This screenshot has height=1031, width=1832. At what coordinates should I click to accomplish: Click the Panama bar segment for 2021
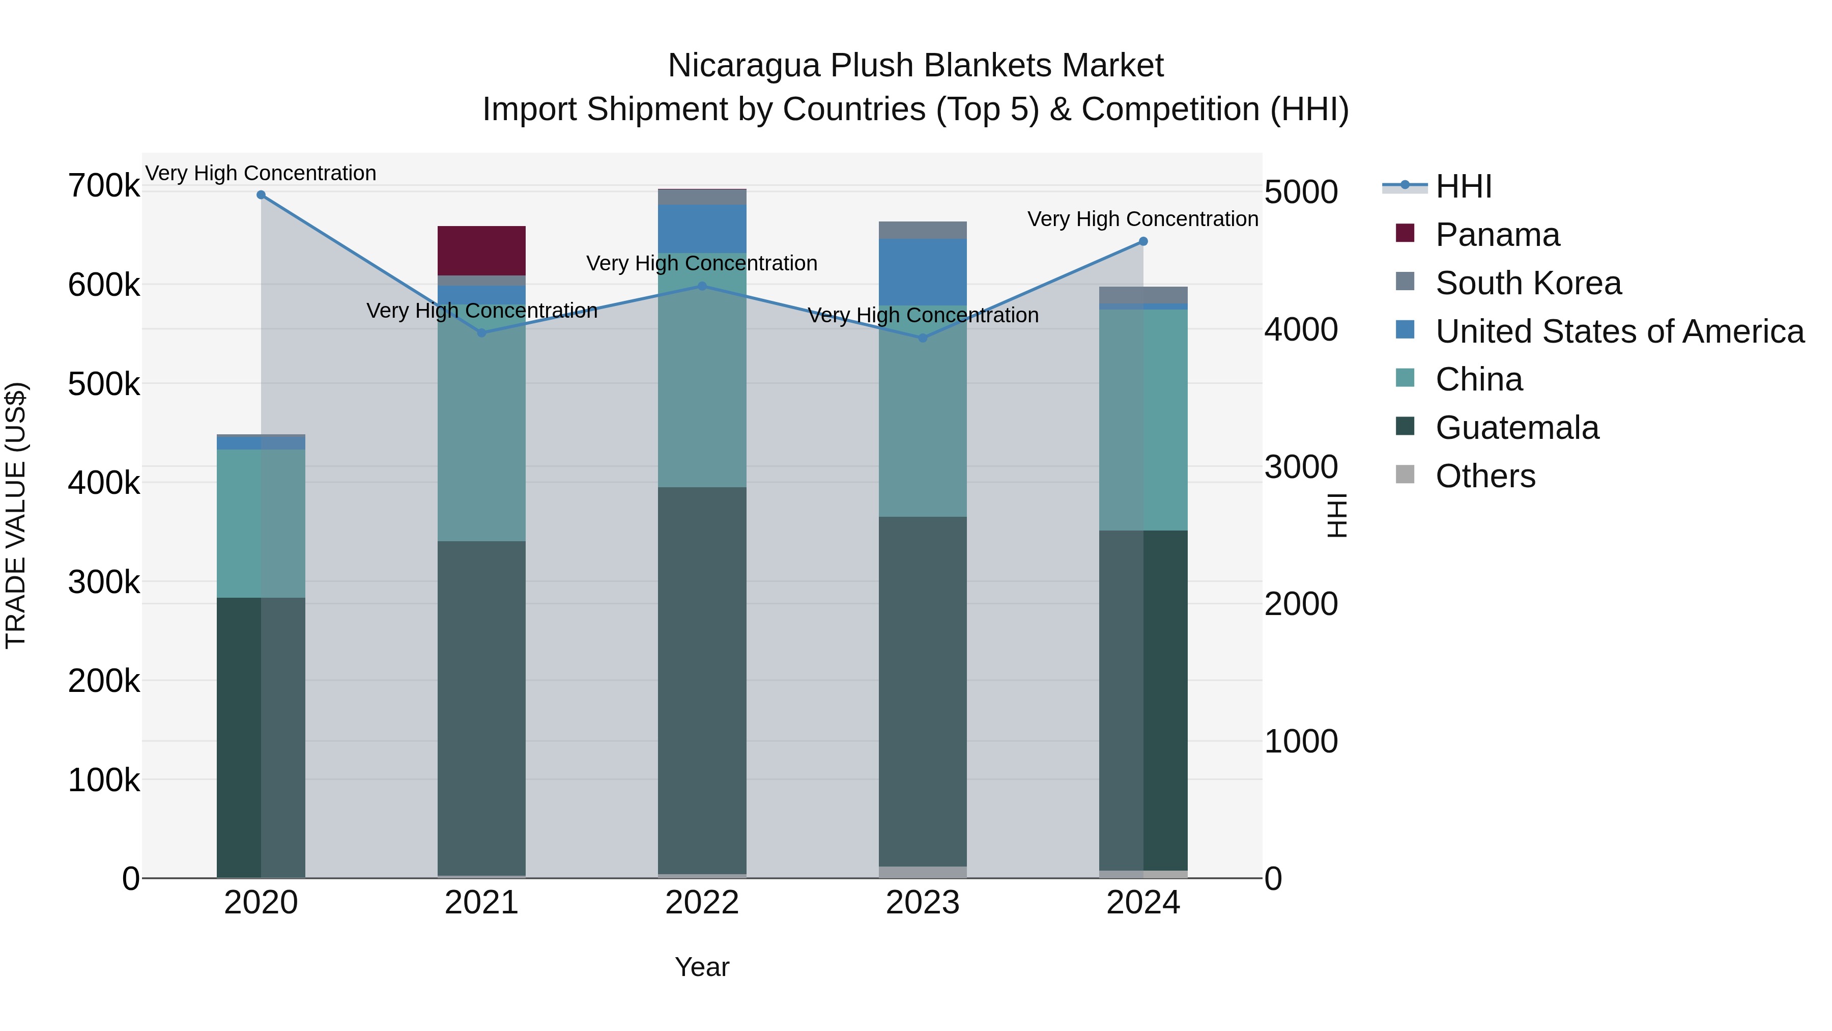[x=481, y=250]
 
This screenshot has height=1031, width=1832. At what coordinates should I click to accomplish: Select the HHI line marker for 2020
[x=261, y=195]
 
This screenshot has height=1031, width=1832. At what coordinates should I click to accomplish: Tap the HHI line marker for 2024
[x=1143, y=242]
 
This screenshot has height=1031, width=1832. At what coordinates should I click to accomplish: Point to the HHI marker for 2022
[x=702, y=287]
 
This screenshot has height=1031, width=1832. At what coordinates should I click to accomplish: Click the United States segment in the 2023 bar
[x=923, y=272]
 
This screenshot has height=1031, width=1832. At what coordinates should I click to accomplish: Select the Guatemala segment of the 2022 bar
[x=702, y=680]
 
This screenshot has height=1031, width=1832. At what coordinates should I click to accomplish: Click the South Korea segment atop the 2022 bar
[x=702, y=197]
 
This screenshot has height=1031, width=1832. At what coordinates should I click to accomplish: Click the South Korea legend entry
[x=1528, y=283]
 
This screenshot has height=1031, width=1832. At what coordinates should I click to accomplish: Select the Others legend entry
[x=1485, y=476]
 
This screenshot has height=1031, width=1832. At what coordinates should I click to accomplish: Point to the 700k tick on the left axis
[x=104, y=186]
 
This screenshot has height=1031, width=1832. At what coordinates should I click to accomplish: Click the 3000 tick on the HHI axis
[x=1301, y=467]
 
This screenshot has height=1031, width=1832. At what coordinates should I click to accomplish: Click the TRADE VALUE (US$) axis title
[x=16, y=515]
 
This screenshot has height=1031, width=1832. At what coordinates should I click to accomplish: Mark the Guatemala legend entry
[x=1516, y=428]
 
